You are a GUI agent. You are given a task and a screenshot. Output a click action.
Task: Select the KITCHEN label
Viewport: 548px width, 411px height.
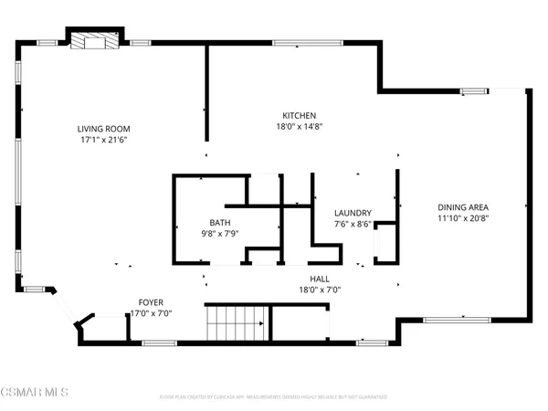click(299, 115)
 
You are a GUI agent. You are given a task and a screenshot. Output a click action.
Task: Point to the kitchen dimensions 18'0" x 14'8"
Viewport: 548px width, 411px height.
click(299, 127)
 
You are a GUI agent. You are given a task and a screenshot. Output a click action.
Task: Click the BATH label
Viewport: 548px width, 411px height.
click(220, 223)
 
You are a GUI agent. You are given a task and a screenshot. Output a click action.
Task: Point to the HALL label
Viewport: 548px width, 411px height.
click(320, 279)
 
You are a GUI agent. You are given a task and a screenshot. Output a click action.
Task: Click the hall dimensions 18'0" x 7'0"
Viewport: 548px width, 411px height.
click(320, 290)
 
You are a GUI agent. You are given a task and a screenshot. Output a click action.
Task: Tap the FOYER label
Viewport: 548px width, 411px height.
click(152, 301)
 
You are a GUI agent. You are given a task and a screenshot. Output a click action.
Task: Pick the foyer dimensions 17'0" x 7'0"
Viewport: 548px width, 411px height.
click(152, 313)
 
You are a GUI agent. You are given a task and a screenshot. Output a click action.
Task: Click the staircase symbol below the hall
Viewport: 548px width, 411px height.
click(237, 323)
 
